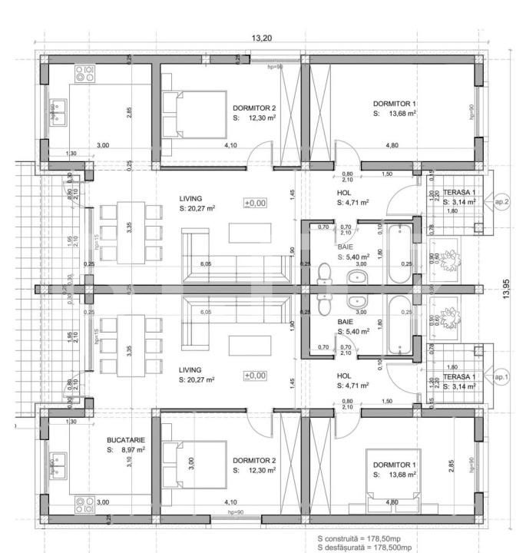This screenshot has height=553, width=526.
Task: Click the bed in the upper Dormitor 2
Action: point(192,113)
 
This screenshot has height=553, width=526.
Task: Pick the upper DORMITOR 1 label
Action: point(395,103)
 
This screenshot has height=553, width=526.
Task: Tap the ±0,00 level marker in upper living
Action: point(255,203)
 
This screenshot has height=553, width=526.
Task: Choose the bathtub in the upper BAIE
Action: point(400,254)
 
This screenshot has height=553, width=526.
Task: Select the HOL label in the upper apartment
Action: point(344,193)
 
